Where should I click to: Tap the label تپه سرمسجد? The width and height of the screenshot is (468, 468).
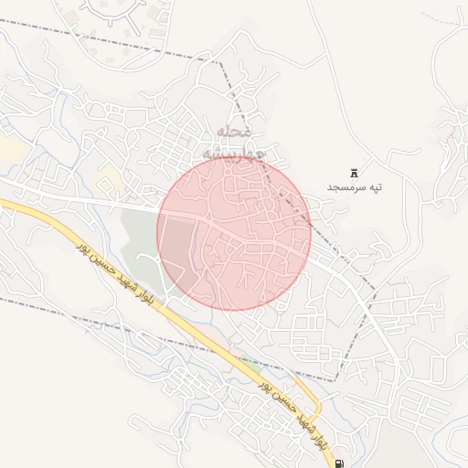355,187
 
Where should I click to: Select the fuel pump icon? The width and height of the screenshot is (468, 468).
340,463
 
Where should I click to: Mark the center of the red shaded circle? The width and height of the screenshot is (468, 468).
234,233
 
